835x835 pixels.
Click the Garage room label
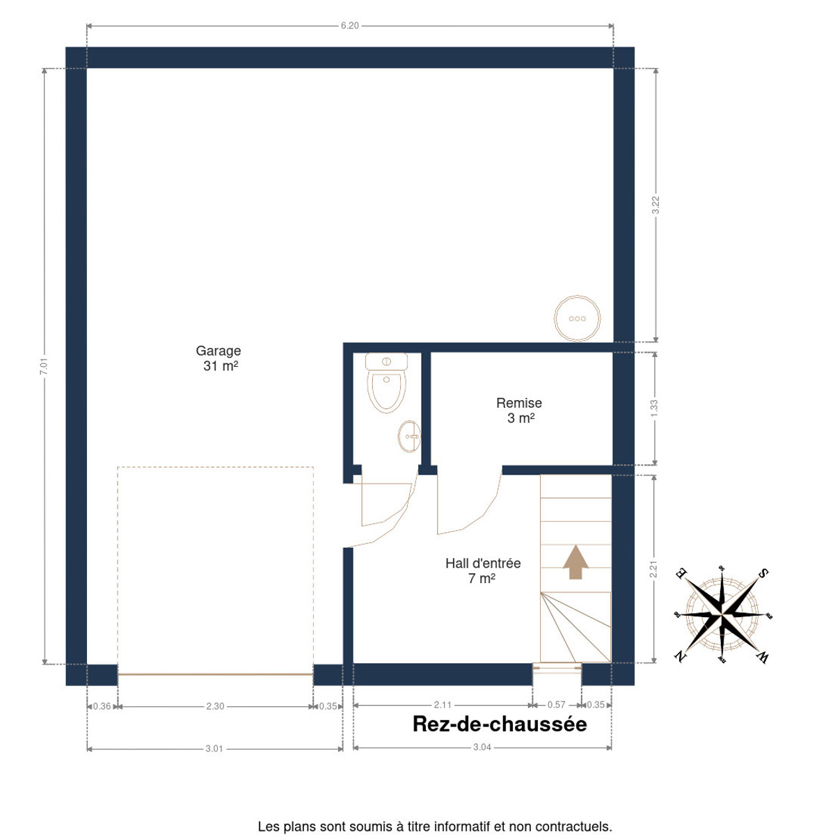pos(218,358)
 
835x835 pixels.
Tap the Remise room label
pos(519,411)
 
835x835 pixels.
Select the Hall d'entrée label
pos(483,571)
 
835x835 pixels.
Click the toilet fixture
pos(386,382)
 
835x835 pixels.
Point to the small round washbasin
pos(409,436)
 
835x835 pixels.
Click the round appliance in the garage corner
pos(577,319)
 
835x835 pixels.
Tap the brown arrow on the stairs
pos(575,562)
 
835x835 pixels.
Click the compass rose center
pos(722,614)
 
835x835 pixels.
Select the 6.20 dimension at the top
pos(350,26)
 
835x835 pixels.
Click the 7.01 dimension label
pos(44,366)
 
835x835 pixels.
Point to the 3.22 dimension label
pos(655,205)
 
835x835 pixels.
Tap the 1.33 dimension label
pos(654,408)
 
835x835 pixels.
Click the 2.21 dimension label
pos(653,569)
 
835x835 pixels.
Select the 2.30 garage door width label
pos(215,706)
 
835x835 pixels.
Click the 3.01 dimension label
pos(214,748)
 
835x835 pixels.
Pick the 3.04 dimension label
pos(482,747)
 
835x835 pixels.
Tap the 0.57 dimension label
pos(557,704)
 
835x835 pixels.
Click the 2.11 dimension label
pos(443,705)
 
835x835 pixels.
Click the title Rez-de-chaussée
pos(500,724)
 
